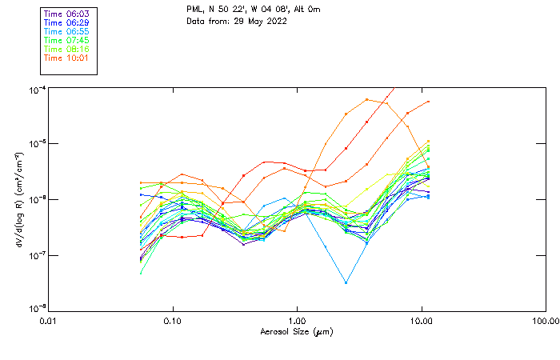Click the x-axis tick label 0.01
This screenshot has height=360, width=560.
pos(49,321)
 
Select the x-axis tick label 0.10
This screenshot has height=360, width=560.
pos(173,321)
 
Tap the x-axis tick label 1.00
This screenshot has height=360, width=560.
pos(298,321)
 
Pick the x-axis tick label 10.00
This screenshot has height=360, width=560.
pos(421,321)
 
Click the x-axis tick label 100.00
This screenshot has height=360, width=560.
pos(545,321)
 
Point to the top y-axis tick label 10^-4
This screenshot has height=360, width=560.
pos(36,88)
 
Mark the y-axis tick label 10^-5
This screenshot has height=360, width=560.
pos(36,143)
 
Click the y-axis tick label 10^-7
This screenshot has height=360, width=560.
pos(36,255)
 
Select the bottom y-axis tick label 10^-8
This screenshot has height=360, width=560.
pos(36,309)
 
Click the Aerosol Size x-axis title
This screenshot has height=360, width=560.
pos(297,331)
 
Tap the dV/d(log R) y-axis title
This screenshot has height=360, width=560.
pos(18,198)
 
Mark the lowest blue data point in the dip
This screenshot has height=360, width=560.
pos(346,282)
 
